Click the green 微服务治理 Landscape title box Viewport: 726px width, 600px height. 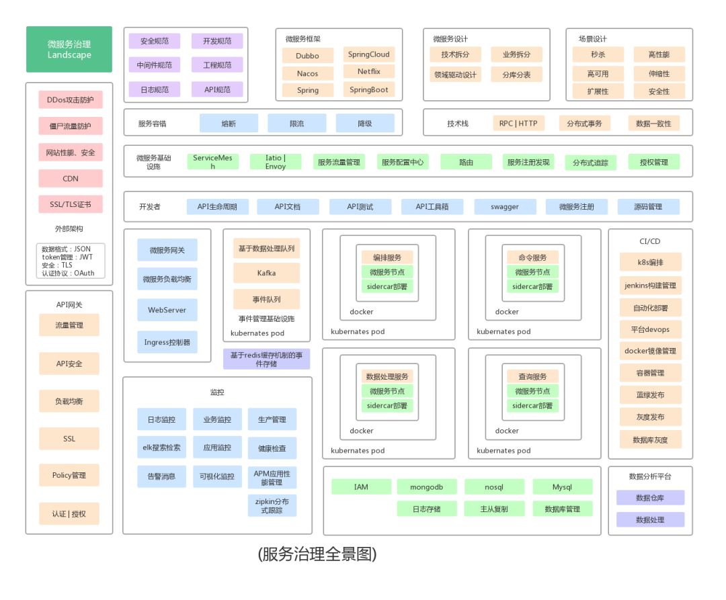[x=69, y=49]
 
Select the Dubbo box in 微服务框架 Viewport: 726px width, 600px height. [x=307, y=56]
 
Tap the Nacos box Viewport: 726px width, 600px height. [x=307, y=73]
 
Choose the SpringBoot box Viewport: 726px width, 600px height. [x=368, y=89]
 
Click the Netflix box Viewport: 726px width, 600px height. [x=368, y=71]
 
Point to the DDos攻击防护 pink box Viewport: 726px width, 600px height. [x=71, y=100]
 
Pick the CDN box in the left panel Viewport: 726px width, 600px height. [x=71, y=178]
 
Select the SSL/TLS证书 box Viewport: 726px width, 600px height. [x=71, y=204]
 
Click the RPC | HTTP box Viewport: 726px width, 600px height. [x=518, y=123]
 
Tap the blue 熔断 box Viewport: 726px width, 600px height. [x=229, y=123]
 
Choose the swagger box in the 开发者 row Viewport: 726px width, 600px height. [x=505, y=206]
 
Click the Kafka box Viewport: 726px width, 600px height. [x=266, y=273]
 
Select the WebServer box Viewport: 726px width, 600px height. [x=167, y=310]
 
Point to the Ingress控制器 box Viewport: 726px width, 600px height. [x=167, y=342]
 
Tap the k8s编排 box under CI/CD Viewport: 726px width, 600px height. [x=650, y=262]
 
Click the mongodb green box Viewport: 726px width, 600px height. [x=427, y=486]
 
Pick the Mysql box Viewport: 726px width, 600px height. [x=562, y=486]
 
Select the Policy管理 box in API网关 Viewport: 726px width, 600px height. [x=69, y=475]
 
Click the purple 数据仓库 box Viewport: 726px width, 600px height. [x=650, y=498]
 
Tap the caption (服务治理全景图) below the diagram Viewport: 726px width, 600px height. [x=317, y=554]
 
